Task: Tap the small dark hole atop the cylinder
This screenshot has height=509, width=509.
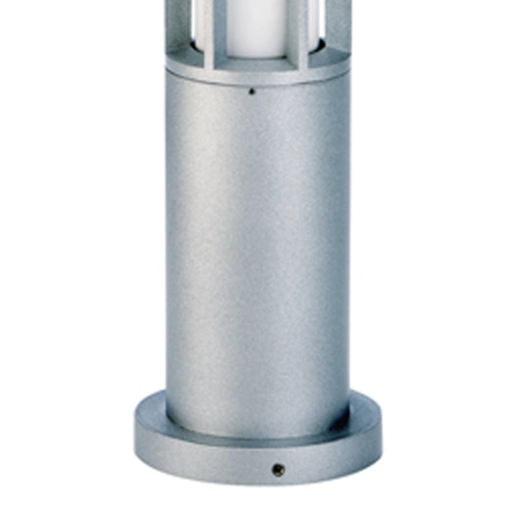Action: [x=251, y=92]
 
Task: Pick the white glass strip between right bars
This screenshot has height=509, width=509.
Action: [x=318, y=20]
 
